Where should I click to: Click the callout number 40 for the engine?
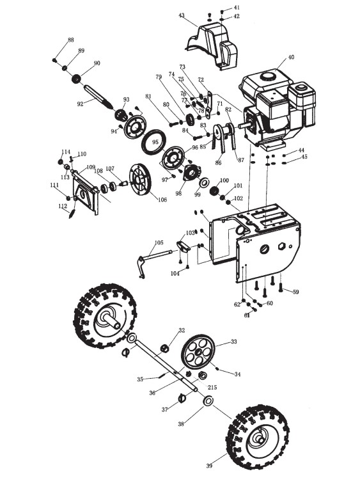pyautogui.click(x=291, y=57)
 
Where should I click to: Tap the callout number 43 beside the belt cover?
pyautogui.click(x=182, y=15)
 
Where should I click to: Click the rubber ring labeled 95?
pyautogui.click(x=153, y=143)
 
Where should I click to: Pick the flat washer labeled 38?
pyautogui.click(x=208, y=400)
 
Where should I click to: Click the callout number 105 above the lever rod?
pyautogui.click(x=159, y=242)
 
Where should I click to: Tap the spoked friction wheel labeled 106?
pyautogui.click(x=141, y=180)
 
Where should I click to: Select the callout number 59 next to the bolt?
pyautogui.click(x=295, y=292)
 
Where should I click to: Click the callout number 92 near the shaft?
pyautogui.click(x=80, y=104)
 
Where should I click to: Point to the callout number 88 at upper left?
pyautogui.click(x=71, y=40)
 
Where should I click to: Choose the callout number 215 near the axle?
pyautogui.click(x=212, y=387)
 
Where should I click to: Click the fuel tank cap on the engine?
pyautogui.click(x=267, y=75)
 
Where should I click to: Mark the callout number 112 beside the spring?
pyautogui.click(x=63, y=206)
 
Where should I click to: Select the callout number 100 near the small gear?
pyautogui.click(x=224, y=180)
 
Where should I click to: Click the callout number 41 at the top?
pyautogui.click(x=237, y=8)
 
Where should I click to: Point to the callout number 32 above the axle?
pyautogui.click(x=182, y=330)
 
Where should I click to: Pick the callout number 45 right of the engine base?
pyautogui.click(x=304, y=157)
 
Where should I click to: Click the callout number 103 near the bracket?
pyautogui.click(x=191, y=233)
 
